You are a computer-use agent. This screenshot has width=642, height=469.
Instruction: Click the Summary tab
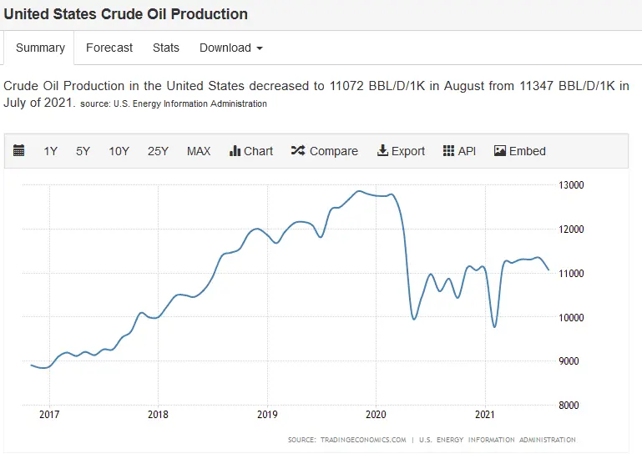click(40, 48)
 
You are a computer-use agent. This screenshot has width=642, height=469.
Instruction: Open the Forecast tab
click(109, 48)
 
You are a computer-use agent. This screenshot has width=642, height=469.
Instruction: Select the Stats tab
click(166, 48)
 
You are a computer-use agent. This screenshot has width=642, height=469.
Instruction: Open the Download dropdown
click(230, 48)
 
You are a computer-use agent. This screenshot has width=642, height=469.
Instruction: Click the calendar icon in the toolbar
click(19, 151)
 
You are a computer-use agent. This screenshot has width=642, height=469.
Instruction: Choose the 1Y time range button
click(51, 151)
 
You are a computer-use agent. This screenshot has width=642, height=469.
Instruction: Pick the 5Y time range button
click(83, 151)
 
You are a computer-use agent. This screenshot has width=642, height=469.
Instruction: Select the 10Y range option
click(119, 151)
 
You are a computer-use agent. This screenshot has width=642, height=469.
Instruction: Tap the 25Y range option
click(158, 151)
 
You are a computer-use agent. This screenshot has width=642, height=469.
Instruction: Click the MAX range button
click(199, 151)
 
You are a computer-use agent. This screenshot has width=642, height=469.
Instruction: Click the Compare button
click(325, 151)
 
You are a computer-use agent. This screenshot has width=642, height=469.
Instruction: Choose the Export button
click(402, 151)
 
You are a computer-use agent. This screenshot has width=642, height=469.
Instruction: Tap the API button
click(459, 151)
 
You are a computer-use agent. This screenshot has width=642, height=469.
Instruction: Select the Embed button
click(520, 151)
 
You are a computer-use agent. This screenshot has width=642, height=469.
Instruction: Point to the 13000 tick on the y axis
click(571, 185)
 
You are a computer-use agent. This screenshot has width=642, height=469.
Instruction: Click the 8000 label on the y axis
click(569, 406)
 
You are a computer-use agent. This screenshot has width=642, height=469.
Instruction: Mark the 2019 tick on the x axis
click(266, 414)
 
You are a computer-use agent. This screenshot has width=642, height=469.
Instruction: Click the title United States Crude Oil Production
click(126, 14)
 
